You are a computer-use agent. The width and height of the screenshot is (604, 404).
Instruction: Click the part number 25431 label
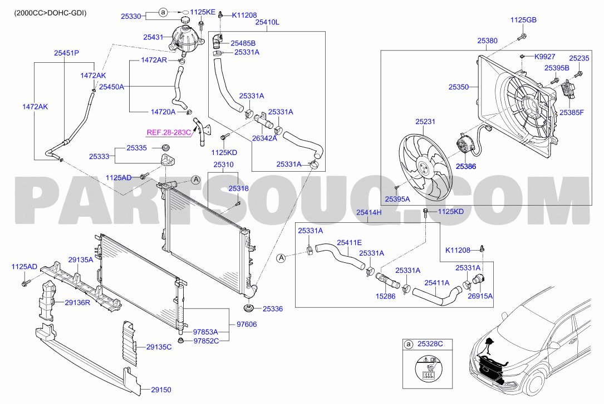point(153,37)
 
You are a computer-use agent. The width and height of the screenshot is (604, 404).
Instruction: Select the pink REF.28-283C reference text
point(169,133)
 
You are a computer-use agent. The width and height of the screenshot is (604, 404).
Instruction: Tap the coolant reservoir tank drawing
point(187,38)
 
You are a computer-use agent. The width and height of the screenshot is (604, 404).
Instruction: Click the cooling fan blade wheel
point(425,167)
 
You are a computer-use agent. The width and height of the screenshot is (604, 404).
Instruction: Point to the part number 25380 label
point(487,41)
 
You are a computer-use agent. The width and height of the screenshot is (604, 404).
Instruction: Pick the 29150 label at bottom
point(161,390)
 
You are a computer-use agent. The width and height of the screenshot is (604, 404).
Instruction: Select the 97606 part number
point(247,325)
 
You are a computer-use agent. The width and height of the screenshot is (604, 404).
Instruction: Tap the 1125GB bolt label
point(523,20)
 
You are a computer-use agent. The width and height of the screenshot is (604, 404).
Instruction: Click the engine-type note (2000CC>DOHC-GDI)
point(51,13)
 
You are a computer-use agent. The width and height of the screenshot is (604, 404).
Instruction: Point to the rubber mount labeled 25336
point(248,307)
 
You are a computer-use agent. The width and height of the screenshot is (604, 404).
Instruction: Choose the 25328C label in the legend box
point(430,344)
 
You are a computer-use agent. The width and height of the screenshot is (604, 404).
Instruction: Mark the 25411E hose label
point(350,242)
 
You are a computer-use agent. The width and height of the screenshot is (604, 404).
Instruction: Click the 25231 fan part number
point(425,122)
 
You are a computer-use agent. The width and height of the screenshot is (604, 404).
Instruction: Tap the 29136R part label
point(77,302)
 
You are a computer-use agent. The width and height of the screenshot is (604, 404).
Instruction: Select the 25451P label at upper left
point(66,53)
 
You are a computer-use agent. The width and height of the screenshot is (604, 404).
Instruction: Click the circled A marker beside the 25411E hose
point(282,257)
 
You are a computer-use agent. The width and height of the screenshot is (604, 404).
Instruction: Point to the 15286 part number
point(386,296)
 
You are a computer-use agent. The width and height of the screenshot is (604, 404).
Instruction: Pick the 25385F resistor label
point(572,113)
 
